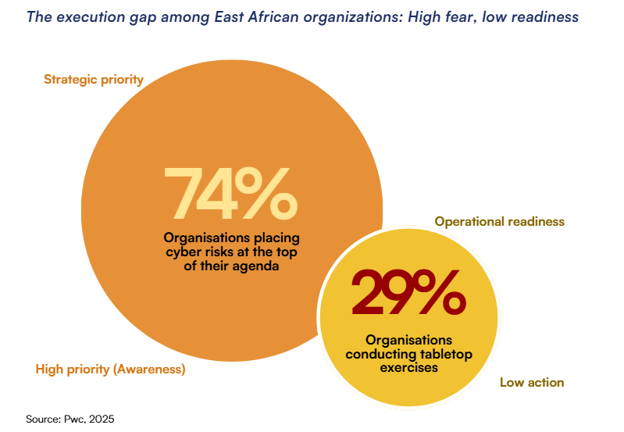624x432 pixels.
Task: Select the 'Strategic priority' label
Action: [x=94, y=79]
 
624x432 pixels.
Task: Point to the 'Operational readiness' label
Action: [x=499, y=222]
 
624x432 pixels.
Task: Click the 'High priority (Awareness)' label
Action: [x=110, y=370]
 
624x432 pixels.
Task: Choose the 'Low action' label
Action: [x=531, y=383]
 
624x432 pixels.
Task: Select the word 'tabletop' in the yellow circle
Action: [x=444, y=354]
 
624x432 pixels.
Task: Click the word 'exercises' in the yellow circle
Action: [x=408, y=368]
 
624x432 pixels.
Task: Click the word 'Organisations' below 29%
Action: [x=408, y=340]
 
